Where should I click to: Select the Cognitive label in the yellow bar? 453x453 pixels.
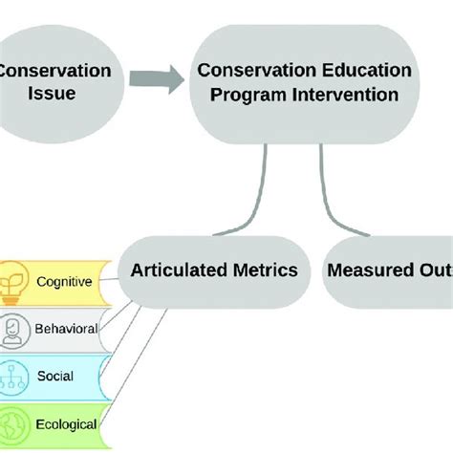pyautogui.click(x=64, y=281)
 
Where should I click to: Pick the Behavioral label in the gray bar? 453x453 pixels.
pyautogui.click(x=68, y=328)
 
